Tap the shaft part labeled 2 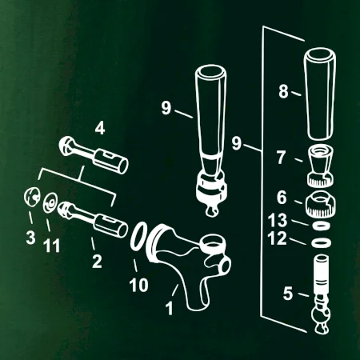click(x=92, y=219)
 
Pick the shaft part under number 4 click(x=94, y=155)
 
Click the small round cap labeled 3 click(x=32, y=197)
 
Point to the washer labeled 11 click(x=50, y=203)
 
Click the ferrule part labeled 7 click(x=321, y=166)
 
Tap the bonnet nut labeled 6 click(x=319, y=205)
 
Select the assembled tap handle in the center click(x=211, y=138)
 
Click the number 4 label click(x=100, y=128)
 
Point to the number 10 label click(x=138, y=285)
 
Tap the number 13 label click(x=278, y=220)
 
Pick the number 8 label click(x=283, y=91)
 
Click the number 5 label click(x=288, y=294)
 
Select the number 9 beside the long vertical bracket click(x=236, y=143)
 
